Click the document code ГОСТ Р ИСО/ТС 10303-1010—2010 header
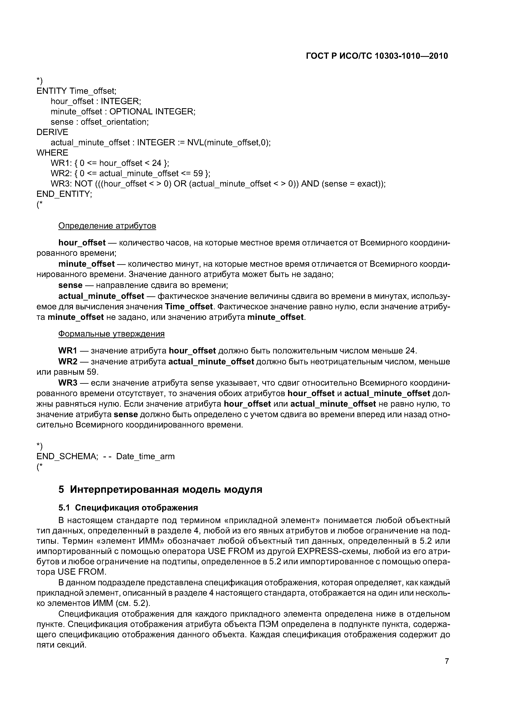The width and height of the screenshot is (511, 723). (377, 56)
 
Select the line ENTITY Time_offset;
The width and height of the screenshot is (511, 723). (76, 91)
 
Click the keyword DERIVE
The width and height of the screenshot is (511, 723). (52, 132)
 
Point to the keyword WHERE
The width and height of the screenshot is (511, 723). (52, 153)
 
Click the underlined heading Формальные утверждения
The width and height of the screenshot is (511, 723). (111, 334)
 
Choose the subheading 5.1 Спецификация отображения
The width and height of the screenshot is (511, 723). (128, 508)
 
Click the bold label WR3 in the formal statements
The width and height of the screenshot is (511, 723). (68, 383)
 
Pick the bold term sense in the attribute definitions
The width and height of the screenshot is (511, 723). (70, 285)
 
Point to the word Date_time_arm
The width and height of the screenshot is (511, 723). (145, 456)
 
